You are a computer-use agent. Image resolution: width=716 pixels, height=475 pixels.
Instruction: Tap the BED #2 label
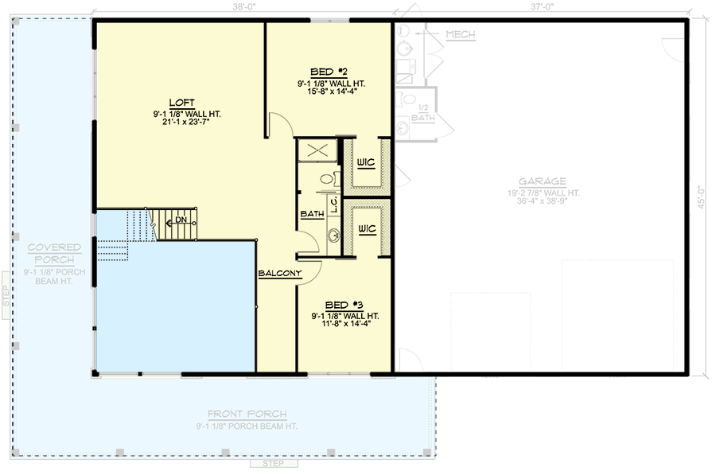coord(328,72)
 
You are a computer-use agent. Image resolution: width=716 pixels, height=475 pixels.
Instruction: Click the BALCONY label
coord(279,274)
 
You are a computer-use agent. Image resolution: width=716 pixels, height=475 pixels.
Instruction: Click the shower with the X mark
coord(317,150)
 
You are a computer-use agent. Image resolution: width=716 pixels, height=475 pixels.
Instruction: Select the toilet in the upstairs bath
coord(328,180)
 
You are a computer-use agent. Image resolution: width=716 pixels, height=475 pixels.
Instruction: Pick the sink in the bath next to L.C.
coord(333,235)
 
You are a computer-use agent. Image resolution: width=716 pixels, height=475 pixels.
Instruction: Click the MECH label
coord(461,34)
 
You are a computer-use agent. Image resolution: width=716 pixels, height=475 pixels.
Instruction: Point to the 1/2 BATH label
coord(422,113)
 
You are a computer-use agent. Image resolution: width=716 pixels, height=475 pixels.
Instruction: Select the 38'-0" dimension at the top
coord(243,6)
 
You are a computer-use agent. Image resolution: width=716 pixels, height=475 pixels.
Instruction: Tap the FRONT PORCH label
coord(247,414)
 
